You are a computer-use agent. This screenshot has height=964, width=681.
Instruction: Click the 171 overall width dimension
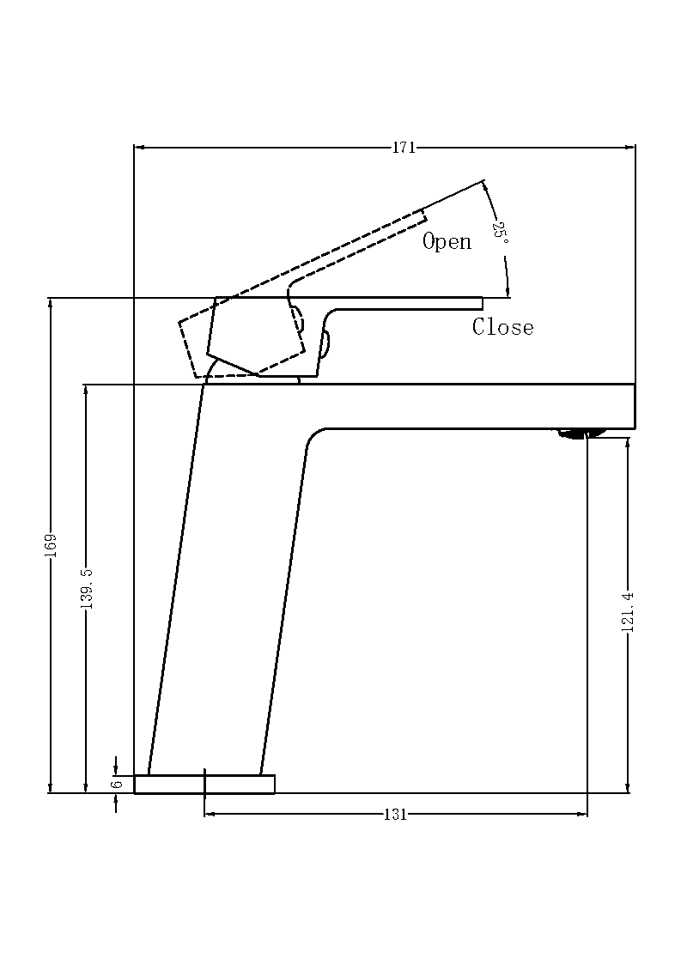[404, 148]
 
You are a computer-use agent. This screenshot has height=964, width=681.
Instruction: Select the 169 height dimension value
[51, 545]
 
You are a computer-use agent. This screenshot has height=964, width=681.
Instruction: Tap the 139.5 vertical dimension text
[86, 588]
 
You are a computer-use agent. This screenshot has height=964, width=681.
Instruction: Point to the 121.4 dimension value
[628, 612]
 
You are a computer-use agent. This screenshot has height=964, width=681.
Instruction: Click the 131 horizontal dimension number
[394, 815]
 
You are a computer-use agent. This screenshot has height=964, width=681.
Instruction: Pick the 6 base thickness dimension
[116, 783]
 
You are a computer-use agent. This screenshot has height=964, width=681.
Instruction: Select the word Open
[447, 242]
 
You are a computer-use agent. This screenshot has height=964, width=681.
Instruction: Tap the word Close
[502, 327]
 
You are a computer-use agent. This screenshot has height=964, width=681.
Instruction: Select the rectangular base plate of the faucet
[204, 784]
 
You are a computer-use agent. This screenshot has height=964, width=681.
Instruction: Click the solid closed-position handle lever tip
[477, 303]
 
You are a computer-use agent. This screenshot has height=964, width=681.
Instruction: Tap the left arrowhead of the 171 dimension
[139, 148]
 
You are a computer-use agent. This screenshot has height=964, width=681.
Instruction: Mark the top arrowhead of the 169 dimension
[51, 302]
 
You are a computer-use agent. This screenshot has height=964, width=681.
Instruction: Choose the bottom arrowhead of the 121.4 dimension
[628, 788]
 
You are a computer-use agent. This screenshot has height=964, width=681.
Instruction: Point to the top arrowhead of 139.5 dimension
[86, 389]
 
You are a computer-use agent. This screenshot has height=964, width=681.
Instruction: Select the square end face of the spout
[634, 406]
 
